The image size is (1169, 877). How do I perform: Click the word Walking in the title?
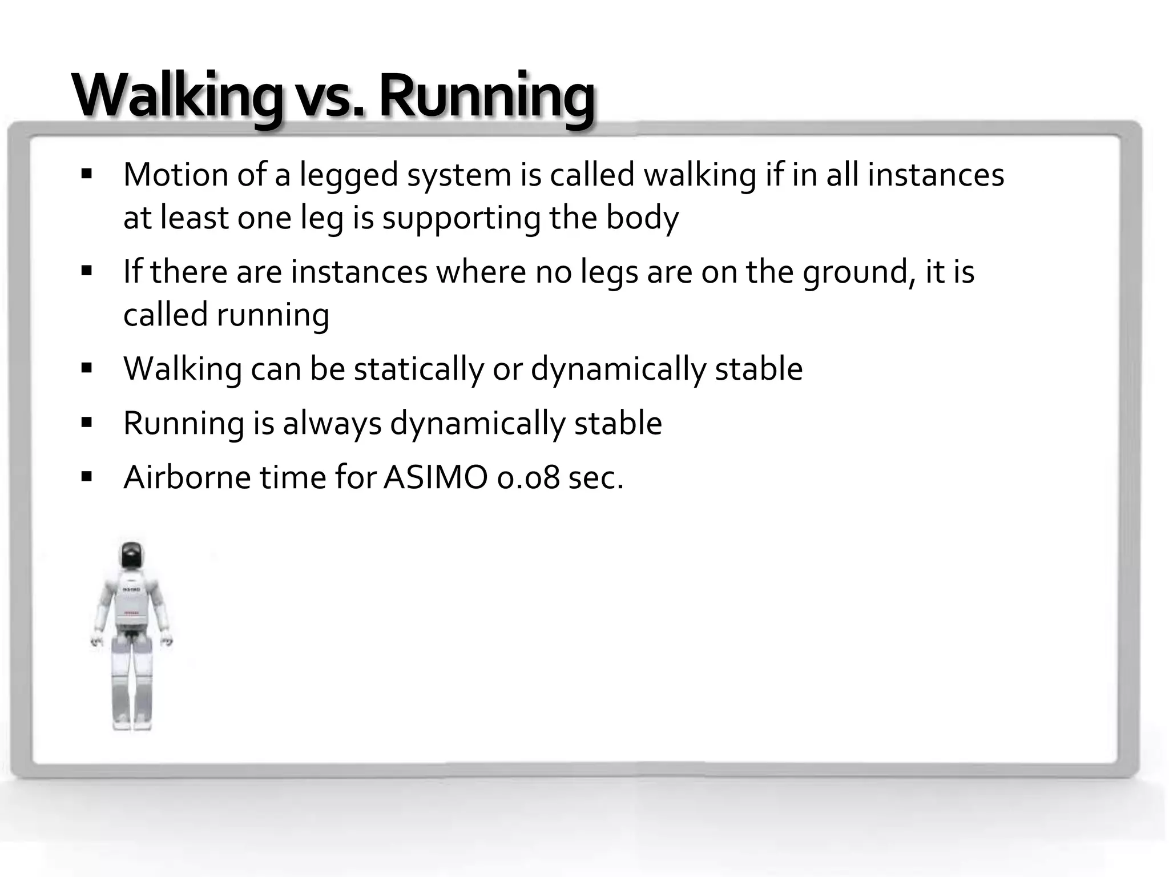click(x=177, y=96)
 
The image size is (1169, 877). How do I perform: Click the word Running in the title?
click(x=486, y=96)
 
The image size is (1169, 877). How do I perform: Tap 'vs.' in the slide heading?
click(x=329, y=98)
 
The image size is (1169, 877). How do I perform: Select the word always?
click(x=332, y=424)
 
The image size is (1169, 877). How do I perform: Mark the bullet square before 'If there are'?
click(x=87, y=270)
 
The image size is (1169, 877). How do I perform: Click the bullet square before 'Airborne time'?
click(x=87, y=476)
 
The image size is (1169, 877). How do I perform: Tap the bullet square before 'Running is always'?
click(x=87, y=423)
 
